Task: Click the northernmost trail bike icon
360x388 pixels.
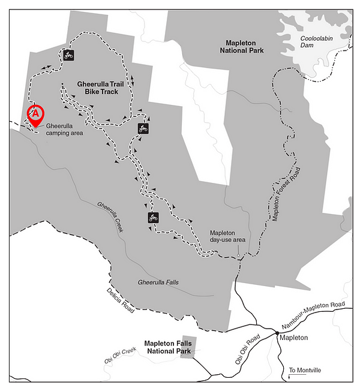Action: click(68, 56)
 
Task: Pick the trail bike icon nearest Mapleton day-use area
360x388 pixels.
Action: click(153, 217)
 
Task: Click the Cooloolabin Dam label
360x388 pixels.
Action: click(315, 41)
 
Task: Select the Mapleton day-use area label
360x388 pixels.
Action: click(227, 236)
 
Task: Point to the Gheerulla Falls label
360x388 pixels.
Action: click(158, 282)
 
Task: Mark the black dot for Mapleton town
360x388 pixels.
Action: click(277, 332)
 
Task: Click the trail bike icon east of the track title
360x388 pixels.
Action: click(143, 128)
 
